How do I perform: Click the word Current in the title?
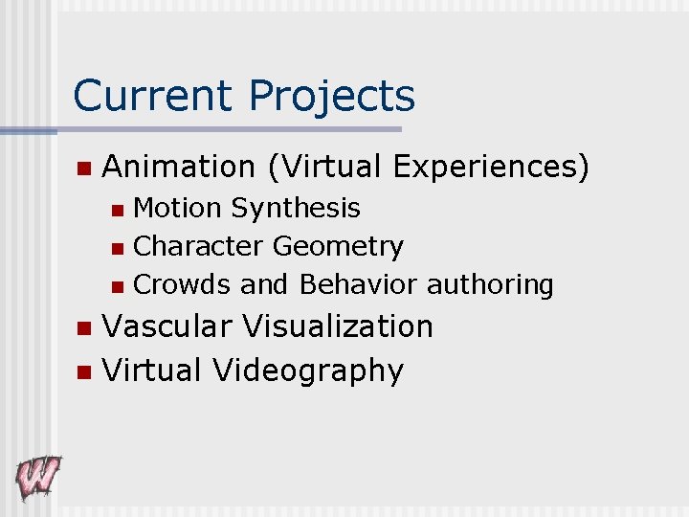coord(153,96)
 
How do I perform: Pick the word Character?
coord(199,246)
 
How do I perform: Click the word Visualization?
coord(338,326)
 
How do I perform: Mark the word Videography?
coord(309,371)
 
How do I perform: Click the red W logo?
coord(37,476)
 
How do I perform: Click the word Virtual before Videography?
coord(153,370)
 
